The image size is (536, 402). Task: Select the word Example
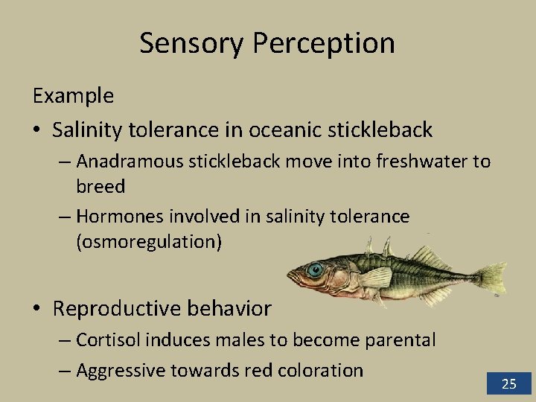point(72,96)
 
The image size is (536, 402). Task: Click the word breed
point(100,186)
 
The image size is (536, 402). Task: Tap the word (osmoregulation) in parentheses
point(149,242)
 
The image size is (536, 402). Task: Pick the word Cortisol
point(107,340)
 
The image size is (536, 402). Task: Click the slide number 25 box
point(509,383)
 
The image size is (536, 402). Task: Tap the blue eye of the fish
point(316,269)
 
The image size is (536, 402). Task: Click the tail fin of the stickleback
point(491,279)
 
